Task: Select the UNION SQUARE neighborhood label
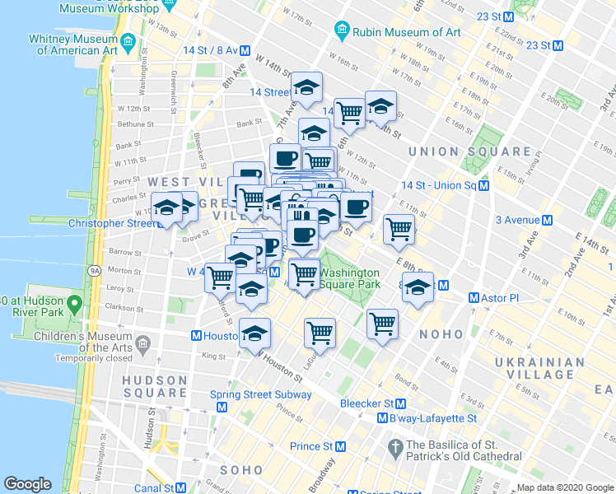(x=470, y=151)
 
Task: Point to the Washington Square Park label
(x=349, y=278)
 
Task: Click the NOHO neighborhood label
(x=442, y=334)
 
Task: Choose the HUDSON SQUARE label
(x=155, y=386)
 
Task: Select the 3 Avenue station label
(x=523, y=220)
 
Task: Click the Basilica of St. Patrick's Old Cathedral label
(x=464, y=450)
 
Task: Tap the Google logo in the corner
(x=27, y=484)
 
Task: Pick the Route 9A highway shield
(x=94, y=269)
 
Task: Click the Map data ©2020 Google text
(x=564, y=487)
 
